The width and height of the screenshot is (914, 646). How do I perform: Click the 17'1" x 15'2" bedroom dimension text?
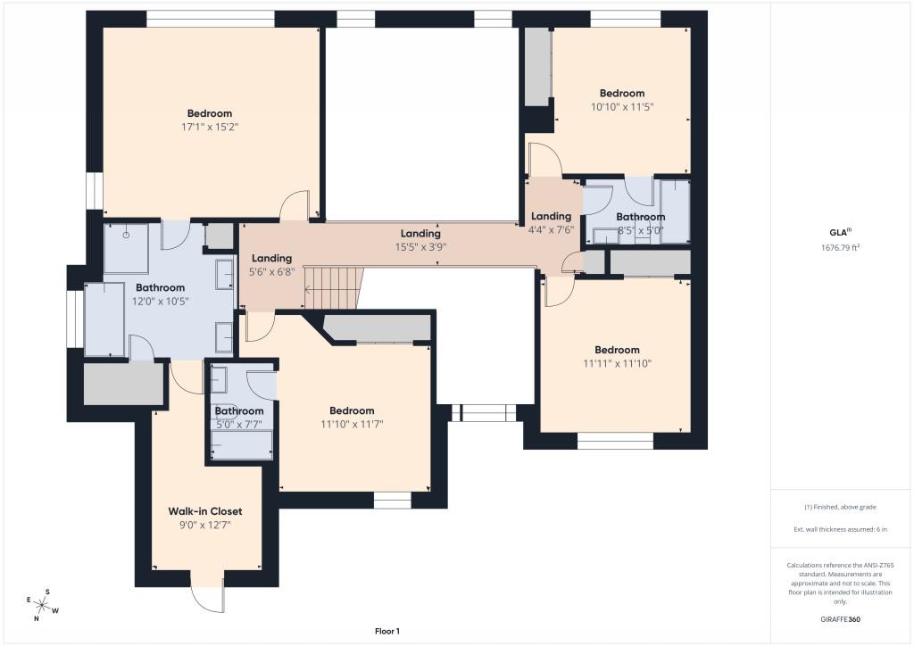pos(210,127)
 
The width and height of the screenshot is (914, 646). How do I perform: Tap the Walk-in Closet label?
pos(205,511)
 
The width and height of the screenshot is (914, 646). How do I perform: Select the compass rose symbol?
pos(43,605)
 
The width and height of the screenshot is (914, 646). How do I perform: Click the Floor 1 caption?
pos(387,631)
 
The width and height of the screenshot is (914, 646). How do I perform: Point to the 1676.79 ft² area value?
pos(841,247)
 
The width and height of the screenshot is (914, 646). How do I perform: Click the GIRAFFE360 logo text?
pos(840,619)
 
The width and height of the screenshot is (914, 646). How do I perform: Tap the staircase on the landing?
pos(334,288)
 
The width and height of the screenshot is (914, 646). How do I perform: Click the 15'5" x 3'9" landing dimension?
pos(420,247)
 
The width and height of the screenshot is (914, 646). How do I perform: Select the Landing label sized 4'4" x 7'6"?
pos(551,216)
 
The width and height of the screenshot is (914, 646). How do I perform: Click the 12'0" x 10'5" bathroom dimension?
pos(161,302)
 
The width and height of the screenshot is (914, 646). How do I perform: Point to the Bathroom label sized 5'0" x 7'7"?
pos(239,411)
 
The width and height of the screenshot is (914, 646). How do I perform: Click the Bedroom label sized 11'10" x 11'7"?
pos(352,410)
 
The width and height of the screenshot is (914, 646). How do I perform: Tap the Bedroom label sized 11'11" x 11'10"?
pos(617,350)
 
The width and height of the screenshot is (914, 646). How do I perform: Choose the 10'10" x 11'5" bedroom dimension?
pos(622,106)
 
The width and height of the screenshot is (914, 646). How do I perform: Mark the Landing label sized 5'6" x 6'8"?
pos(271,258)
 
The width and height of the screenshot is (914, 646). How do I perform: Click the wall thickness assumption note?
pos(840,529)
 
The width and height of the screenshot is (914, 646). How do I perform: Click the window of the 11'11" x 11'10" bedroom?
pos(615,441)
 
